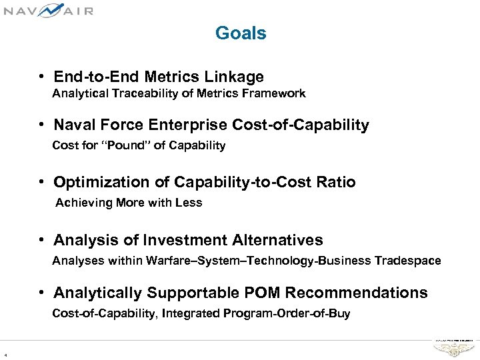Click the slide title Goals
coord(241,33)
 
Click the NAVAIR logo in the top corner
coord(47,10)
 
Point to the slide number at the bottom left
coord(5,354)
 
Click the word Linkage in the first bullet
coord(236,77)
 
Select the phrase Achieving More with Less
coord(129,203)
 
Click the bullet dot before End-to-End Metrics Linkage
coord(42,77)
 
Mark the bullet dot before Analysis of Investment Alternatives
coord(42,241)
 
